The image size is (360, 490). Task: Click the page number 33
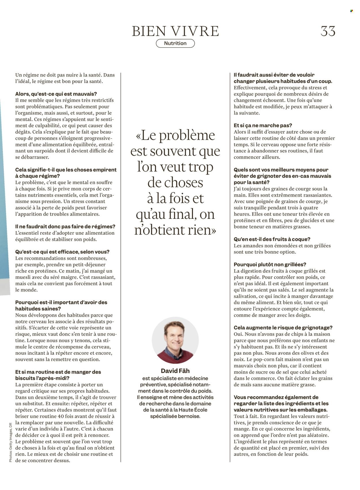click(328, 31)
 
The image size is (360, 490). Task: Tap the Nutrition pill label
click(175, 43)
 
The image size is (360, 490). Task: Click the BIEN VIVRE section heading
click(175, 31)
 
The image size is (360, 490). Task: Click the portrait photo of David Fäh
click(175, 340)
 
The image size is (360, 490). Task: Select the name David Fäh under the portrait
click(175, 371)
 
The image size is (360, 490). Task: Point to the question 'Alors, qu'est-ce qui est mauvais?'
click(56, 94)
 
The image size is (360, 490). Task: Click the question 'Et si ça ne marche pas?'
click(263, 126)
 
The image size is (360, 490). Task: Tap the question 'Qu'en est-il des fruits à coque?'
click(272, 239)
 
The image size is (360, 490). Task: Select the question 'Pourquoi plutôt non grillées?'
click(270, 265)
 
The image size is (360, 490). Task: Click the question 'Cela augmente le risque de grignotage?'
click(283, 328)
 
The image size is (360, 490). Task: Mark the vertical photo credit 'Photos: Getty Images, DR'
click(11, 442)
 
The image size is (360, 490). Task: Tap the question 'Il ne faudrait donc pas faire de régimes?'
click(65, 227)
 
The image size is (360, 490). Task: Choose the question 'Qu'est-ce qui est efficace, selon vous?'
click(62, 252)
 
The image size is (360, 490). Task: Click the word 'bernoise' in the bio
click(188, 416)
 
